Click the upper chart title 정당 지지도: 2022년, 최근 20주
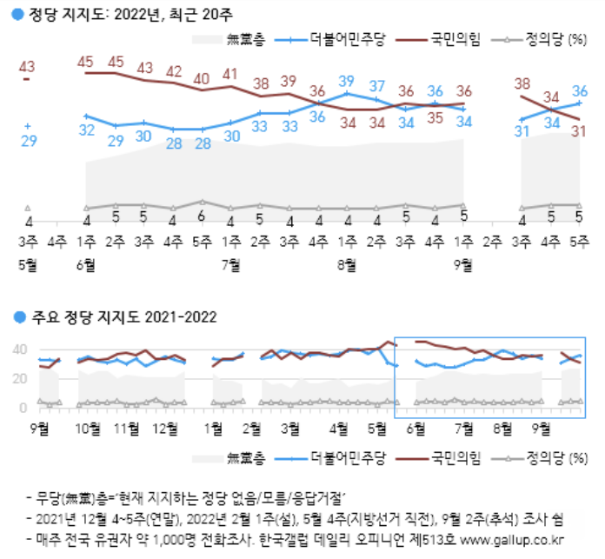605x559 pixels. [x=130, y=15]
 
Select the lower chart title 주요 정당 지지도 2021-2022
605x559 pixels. [x=124, y=317]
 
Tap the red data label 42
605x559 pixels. [x=174, y=72]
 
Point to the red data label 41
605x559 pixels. [x=230, y=74]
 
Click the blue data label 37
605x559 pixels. [x=376, y=86]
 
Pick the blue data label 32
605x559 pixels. [x=86, y=130]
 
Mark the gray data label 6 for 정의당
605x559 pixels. [x=201, y=216]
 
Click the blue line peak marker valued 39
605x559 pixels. [x=347, y=93]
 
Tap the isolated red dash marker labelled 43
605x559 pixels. [x=27, y=79]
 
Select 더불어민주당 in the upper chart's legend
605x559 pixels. [x=348, y=39]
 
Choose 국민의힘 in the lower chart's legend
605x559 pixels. [x=455, y=458]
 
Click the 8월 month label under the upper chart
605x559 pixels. [x=347, y=265]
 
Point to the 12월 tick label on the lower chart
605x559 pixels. [x=165, y=429]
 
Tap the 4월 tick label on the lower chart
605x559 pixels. [x=339, y=429]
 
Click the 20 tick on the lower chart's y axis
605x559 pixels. [x=20, y=378]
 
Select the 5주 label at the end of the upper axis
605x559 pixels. [x=580, y=242]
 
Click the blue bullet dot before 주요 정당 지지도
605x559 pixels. [x=19, y=317]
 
